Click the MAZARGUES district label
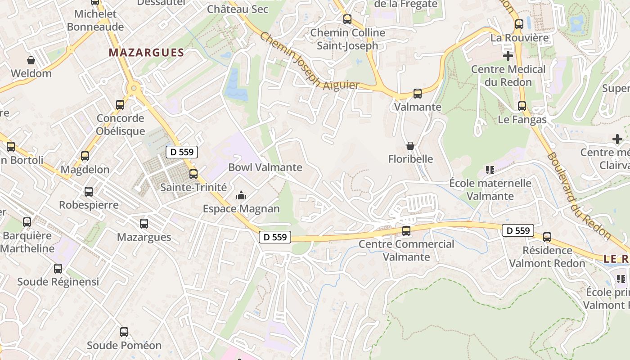[x=146, y=53]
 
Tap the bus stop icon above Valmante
[x=418, y=94]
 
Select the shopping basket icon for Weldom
[x=31, y=60]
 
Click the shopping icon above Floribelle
[x=410, y=146]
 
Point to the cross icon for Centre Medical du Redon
[x=508, y=56]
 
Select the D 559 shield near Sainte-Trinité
[x=182, y=152]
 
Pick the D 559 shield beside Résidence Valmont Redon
[x=518, y=231]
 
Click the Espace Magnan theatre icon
[x=241, y=196]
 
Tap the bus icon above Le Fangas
[x=522, y=106]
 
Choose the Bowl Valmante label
[x=265, y=167]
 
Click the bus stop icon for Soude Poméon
[x=124, y=332]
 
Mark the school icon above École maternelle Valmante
[x=490, y=170]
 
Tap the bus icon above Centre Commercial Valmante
[x=406, y=231]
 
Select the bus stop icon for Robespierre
[x=89, y=192]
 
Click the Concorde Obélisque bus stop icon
[x=120, y=105]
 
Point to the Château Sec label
[x=238, y=9]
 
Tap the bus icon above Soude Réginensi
[x=58, y=269]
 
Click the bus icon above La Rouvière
[x=519, y=24]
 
